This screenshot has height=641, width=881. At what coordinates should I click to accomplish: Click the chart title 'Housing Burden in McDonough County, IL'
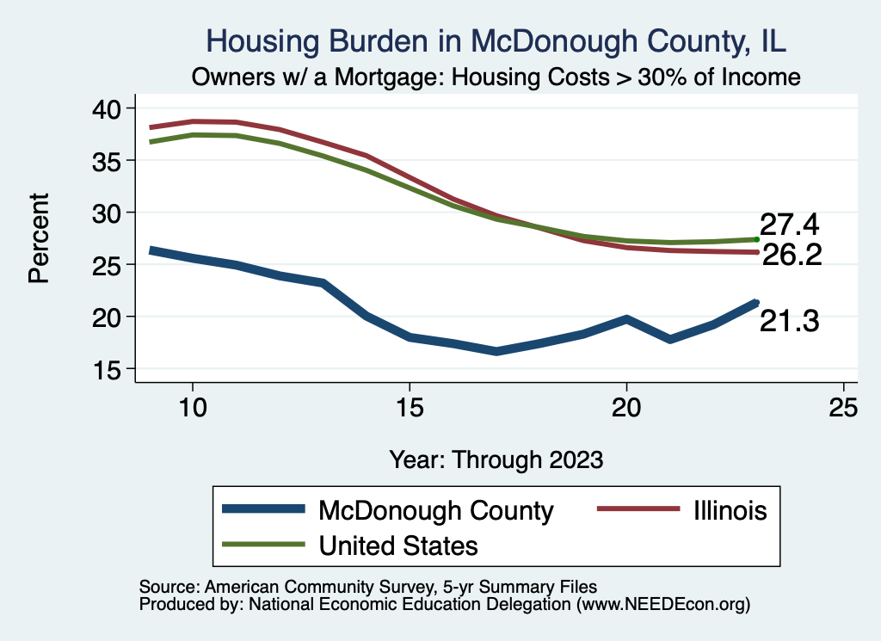tap(496, 40)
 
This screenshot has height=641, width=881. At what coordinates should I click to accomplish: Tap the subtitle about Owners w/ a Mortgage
tap(496, 77)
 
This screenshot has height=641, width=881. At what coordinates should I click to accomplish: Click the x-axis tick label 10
tap(193, 408)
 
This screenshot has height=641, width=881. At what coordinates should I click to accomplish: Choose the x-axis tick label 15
tap(410, 408)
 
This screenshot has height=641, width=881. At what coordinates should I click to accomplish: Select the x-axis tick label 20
tap(626, 408)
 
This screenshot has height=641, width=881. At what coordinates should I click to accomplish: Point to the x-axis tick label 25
tap(843, 408)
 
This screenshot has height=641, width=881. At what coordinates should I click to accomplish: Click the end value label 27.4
tap(789, 225)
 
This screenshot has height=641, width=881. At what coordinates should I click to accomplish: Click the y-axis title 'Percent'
tap(38, 238)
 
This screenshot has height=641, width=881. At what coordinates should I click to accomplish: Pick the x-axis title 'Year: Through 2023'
tap(496, 459)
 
